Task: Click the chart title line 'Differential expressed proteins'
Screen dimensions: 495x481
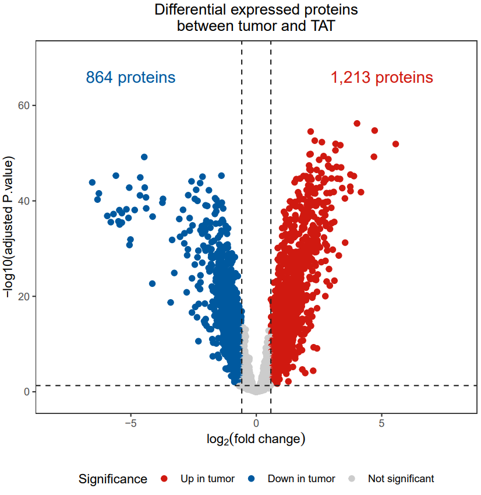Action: coord(256,10)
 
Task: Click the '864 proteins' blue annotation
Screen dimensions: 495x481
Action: coord(130,78)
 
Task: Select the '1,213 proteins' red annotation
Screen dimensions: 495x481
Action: coord(382,78)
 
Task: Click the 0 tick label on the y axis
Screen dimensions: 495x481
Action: coord(26,392)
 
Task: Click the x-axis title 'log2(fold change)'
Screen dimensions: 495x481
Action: coord(256,438)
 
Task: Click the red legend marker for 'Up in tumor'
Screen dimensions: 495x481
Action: coord(164,479)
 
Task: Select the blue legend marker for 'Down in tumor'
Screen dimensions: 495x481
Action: coord(252,479)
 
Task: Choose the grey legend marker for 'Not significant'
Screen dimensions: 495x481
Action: coord(352,479)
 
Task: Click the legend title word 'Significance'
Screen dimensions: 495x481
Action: coord(113,479)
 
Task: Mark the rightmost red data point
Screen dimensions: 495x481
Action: coord(395,144)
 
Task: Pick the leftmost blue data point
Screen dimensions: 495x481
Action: coord(92,182)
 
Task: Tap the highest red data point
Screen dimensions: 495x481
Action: coord(357,124)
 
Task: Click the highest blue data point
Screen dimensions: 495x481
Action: coord(144,157)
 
